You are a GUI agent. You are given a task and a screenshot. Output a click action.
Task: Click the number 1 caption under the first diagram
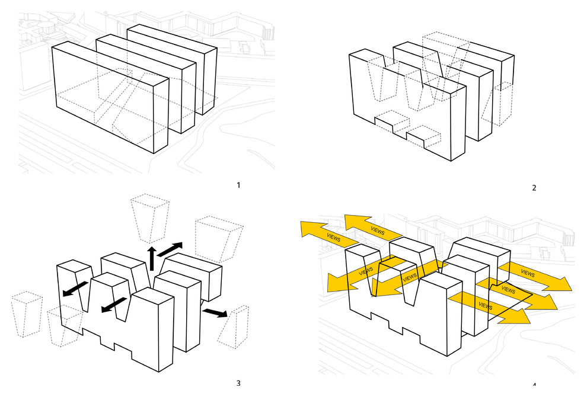(x=238, y=185)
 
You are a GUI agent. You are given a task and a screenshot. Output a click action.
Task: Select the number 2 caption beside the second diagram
(x=534, y=188)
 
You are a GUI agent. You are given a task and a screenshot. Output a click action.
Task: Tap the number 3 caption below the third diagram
(x=238, y=383)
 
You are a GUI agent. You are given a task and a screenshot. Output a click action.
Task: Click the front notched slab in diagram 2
(x=409, y=113)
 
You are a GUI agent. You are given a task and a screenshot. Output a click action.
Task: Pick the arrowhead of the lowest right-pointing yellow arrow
(x=520, y=316)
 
